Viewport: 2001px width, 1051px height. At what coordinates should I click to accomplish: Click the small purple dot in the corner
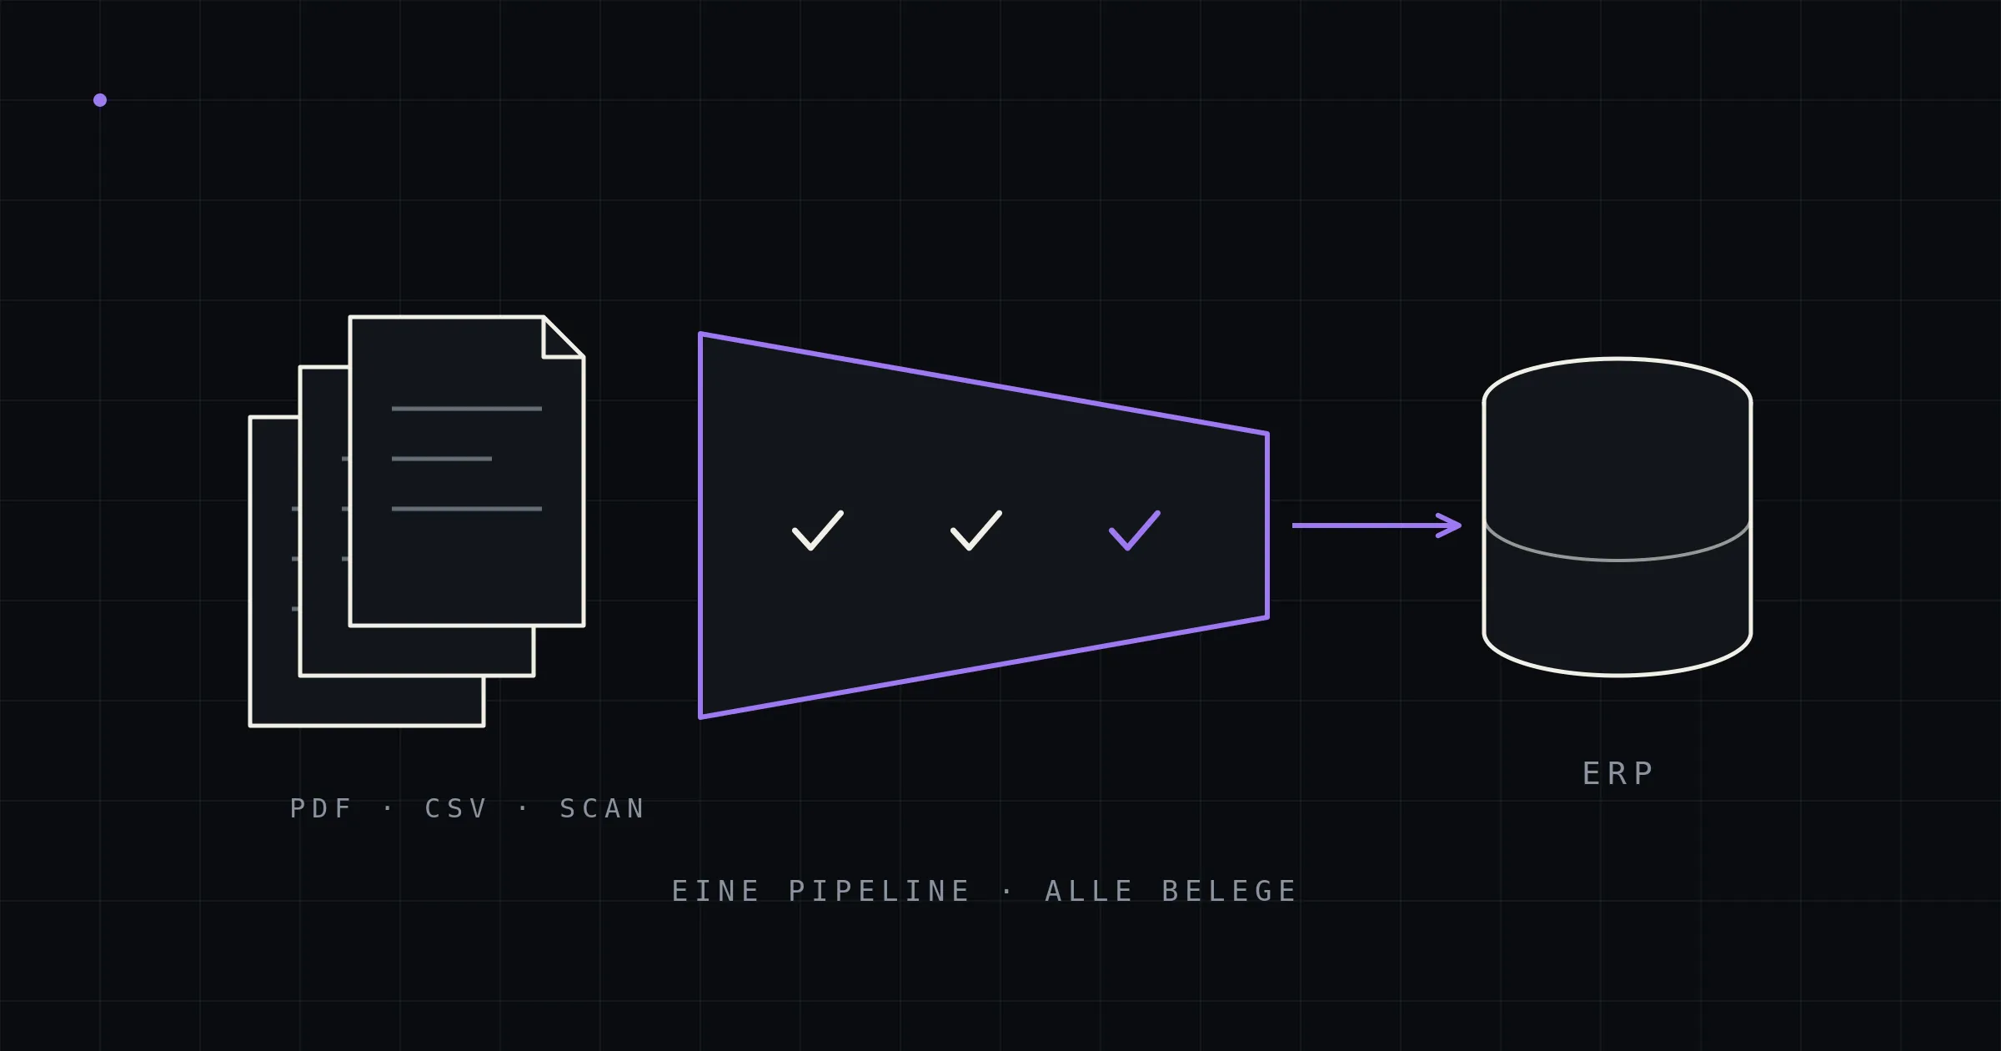point(100,100)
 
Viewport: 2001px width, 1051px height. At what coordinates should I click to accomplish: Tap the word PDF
point(321,808)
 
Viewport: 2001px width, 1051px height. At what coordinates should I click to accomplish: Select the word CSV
point(456,808)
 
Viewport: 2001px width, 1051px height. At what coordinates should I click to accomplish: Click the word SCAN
point(602,808)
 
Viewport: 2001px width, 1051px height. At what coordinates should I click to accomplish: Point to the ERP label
point(1617,773)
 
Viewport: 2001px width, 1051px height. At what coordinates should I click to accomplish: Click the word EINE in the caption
point(715,891)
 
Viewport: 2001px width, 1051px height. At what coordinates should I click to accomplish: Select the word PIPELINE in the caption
point(879,891)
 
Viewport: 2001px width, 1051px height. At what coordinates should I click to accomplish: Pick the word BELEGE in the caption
point(1229,891)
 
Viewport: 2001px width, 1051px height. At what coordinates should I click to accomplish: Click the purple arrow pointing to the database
point(1377,525)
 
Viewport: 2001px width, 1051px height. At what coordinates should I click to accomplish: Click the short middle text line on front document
point(442,459)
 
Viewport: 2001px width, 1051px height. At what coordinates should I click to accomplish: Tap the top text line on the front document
point(467,409)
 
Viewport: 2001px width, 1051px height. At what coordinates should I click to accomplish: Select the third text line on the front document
point(467,509)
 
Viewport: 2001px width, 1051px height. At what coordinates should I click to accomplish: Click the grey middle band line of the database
point(1617,560)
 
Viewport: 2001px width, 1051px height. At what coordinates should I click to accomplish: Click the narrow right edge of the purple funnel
point(1267,525)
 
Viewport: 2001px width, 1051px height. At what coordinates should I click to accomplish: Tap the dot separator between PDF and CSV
point(388,808)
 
